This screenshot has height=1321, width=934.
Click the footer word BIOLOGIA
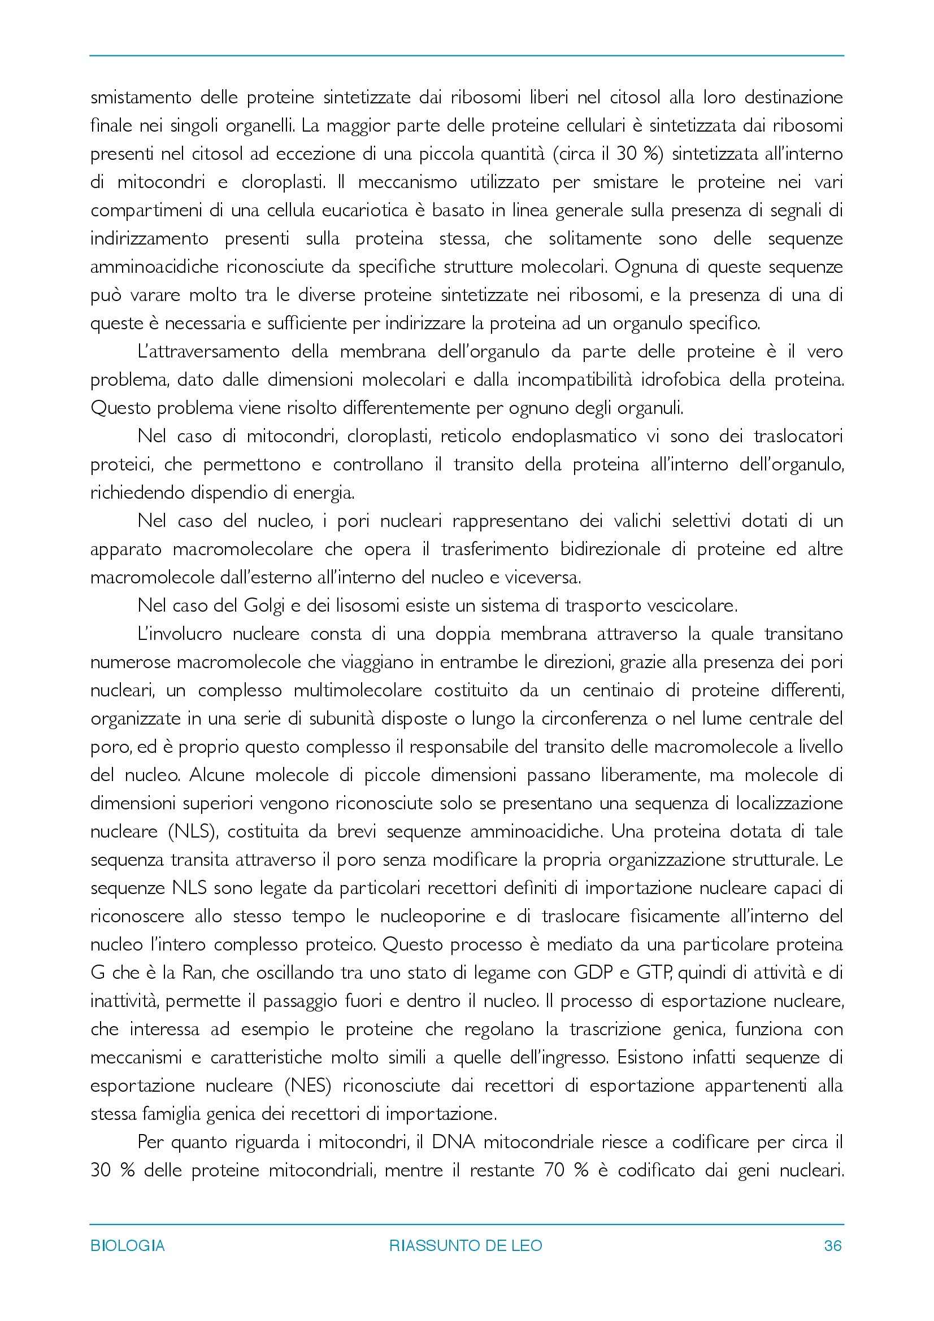click(127, 1246)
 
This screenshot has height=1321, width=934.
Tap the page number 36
click(833, 1246)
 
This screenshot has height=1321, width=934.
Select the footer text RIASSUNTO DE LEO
click(466, 1246)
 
